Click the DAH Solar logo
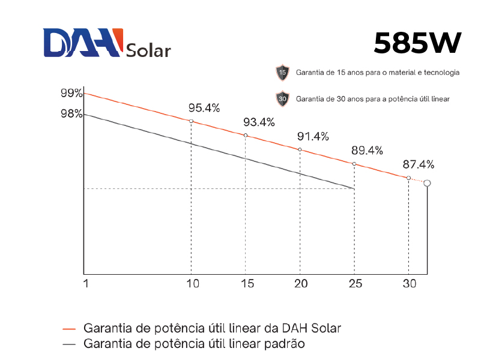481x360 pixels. pos(107,43)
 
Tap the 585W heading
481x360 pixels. pos(417,43)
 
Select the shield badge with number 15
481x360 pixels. pos(282,73)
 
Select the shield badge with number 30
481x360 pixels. pos(282,98)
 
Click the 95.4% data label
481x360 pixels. pos(204,108)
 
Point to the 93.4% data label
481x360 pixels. pos(259,122)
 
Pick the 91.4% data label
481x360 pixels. pos(313,136)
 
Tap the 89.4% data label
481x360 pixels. pos(367,151)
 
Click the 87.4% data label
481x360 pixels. pos(418,164)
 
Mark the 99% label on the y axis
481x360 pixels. pos(71,93)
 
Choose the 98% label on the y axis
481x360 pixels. pos(71,113)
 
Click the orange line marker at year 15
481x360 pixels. pos(246,136)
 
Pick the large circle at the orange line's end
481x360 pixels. pos(427,183)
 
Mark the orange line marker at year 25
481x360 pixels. pos(354,164)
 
